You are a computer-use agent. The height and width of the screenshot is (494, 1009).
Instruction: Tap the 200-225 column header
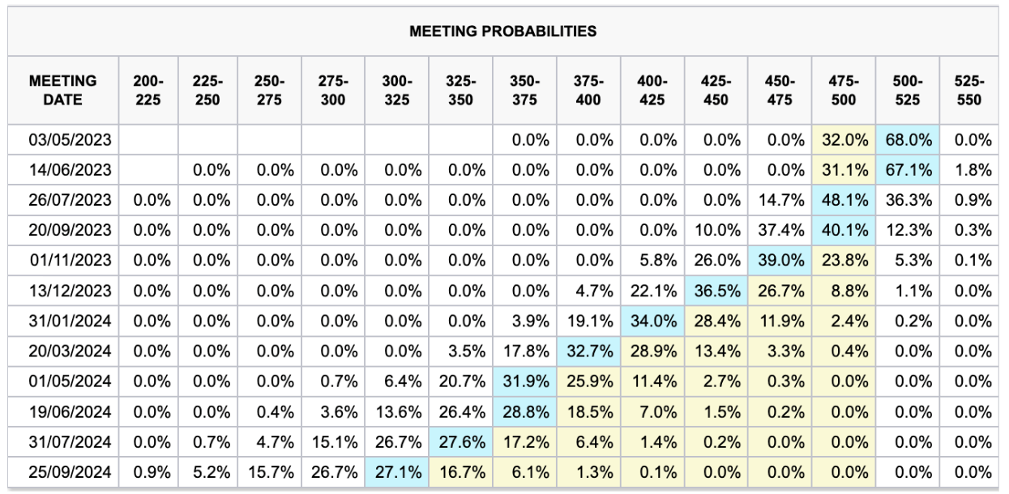[142, 91]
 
